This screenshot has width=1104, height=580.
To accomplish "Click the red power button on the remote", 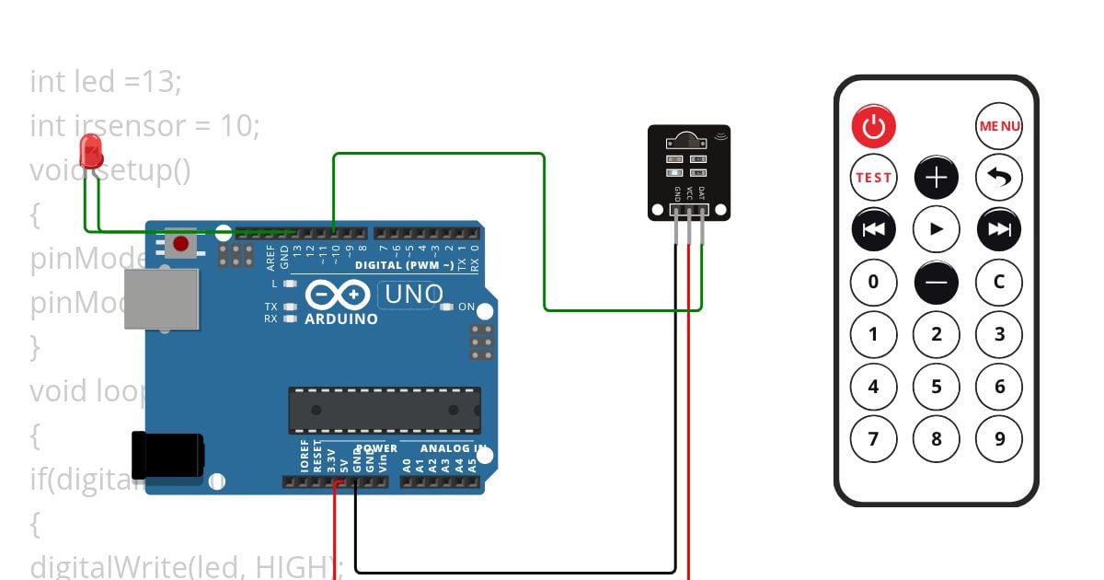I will (x=873, y=126).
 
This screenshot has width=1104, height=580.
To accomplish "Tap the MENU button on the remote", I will (x=999, y=126).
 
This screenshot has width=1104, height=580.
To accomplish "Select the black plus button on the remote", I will (x=937, y=178).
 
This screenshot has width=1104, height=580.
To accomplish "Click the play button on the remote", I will (x=937, y=229).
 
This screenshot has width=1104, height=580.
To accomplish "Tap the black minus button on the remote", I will (x=937, y=282).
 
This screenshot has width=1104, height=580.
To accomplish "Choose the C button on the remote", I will (x=999, y=282).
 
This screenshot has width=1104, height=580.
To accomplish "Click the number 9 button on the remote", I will (x=999, y=439).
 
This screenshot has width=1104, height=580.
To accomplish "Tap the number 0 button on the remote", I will (x=873, y=282).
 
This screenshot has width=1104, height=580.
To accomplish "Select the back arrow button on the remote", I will (x=999, y=178).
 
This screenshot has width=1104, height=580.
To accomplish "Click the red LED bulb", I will (x=91, y=150).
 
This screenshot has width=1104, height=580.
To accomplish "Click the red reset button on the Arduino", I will (x=181, y=245).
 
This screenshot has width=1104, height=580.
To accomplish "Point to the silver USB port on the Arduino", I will (x=162, y=298).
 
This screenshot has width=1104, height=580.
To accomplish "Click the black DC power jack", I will (x=167, y=456).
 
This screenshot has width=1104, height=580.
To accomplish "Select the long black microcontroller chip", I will (x=385, y=411).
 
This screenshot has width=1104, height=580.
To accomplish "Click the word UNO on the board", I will (x=413, y=296).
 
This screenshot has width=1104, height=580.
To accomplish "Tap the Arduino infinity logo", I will (x=338, y=295).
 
